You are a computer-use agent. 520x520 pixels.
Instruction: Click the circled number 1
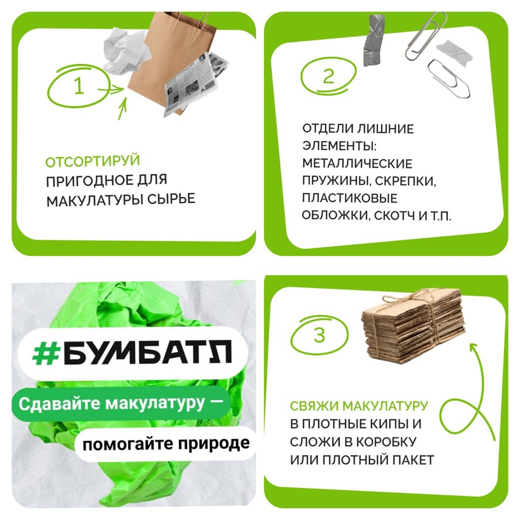79,85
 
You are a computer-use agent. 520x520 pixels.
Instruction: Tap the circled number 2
329,76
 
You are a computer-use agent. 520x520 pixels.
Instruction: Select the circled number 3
319,335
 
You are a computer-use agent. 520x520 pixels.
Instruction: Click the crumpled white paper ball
125,49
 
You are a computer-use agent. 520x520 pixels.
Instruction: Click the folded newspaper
196,85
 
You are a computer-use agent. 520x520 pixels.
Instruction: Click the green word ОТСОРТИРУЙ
92,161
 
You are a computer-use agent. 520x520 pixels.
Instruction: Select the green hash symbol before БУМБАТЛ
45,352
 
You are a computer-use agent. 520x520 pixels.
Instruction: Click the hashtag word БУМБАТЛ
147,352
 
